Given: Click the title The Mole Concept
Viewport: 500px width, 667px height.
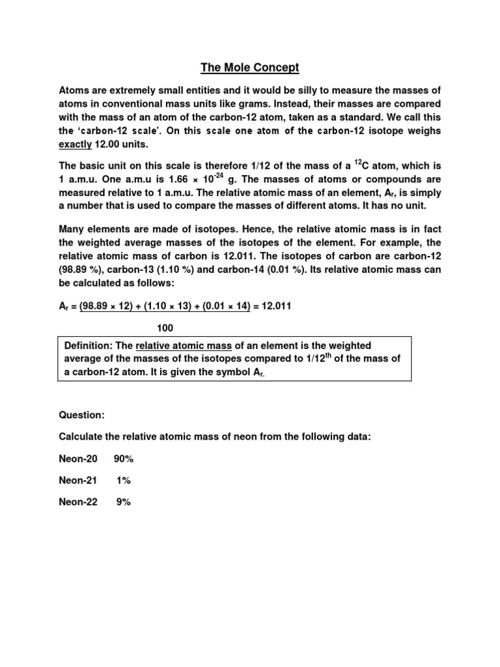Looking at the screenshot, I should pos(250,67).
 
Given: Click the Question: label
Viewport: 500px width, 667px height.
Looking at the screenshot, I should pos(82,415).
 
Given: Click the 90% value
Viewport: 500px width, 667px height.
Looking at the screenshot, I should pos(124,459).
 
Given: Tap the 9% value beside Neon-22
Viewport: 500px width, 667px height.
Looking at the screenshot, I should pos(124,502).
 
